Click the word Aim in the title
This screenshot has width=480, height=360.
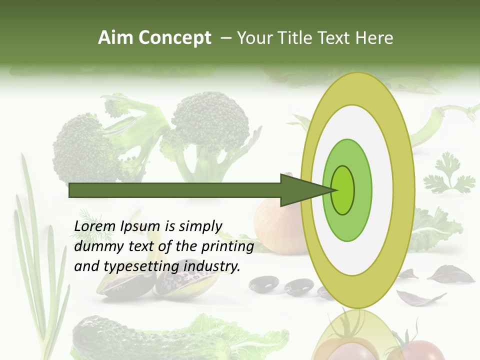pos(115,38)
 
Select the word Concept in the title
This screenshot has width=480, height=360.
pos(175,38)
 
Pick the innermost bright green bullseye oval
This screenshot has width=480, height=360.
pos(342,190)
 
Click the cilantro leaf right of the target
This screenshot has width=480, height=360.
pos(448,175)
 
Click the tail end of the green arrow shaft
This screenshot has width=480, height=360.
pos(72,190)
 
